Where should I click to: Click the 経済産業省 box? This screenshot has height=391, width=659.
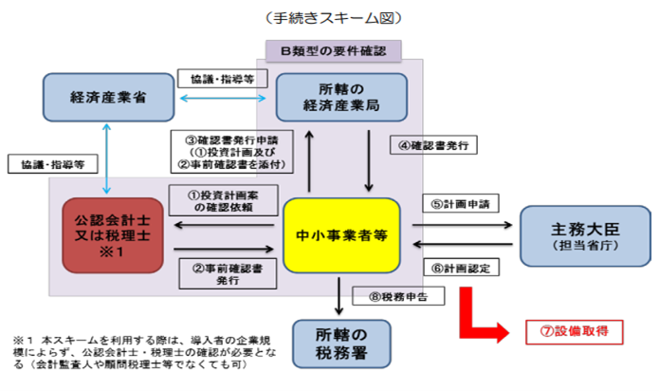click(x=106, y=96)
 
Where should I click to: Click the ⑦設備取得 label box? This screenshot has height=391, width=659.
click(x=574, y=332)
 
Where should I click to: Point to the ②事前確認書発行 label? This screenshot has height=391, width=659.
click(x=225, y=271)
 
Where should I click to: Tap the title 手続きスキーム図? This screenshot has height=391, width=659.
click(x=328, y=17)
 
